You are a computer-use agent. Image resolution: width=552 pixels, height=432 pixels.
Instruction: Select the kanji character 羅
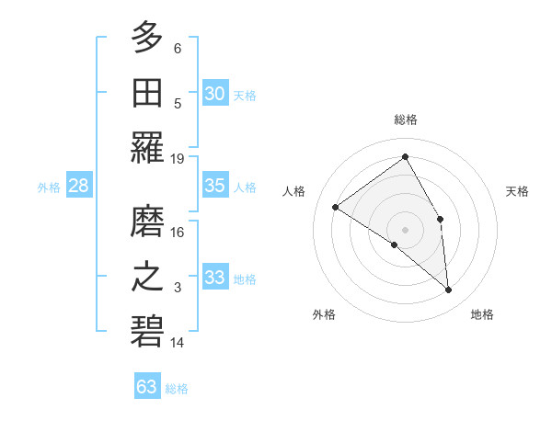click(x=147, y=146)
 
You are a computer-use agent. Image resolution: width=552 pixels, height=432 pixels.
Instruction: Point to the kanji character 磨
click(x=147, y=221)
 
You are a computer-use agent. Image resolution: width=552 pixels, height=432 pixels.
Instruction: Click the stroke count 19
click(x=178, y=158)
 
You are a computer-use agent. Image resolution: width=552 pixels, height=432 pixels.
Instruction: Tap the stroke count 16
click(x=178, y=233)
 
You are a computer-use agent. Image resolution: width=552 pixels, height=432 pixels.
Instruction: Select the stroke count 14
click(x=178, y=343)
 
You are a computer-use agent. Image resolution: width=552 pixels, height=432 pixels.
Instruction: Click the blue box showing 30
click(x=215, y=93)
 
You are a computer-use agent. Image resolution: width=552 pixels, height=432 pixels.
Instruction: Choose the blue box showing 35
click(x=215, y=186)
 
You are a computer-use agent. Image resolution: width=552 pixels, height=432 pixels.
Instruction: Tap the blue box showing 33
click(x=215, y=278)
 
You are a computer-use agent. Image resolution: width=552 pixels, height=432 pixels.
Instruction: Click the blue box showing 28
click(x=79, y=186)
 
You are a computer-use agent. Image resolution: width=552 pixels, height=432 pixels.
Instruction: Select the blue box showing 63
click(x=147, y=386)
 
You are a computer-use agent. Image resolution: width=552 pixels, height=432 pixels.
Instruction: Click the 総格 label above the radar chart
click(x=406, y=119)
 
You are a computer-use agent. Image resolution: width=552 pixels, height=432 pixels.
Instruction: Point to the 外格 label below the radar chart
click(x=324, y=314)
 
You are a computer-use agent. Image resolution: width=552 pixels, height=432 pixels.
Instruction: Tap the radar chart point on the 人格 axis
click(x=336, y=207)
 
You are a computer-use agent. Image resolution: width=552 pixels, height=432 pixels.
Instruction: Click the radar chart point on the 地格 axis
click(x=449, y=290)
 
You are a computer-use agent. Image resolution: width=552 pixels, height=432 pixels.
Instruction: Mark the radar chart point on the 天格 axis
click(x=441, y=219)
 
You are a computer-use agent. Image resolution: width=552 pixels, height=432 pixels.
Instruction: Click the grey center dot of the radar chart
click(x=405, y=229)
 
